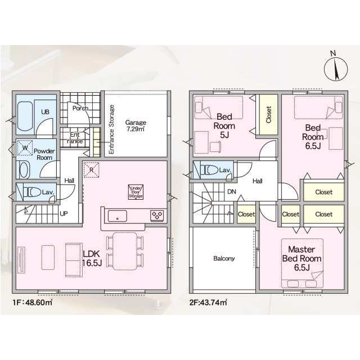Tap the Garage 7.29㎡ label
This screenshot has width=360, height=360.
pyautogui.click(x=136, y=126)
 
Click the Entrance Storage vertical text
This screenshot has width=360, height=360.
pyautogui.click(x=111, y=130)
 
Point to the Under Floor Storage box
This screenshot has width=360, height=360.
pyautogui.click(x=136, y=191)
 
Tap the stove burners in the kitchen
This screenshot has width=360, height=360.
pyautogui.click(x=156, y=215)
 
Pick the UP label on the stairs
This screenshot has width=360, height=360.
pyautogui.click(x=64, y=214)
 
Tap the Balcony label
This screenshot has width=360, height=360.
pyautogui.click(x=224, y=259)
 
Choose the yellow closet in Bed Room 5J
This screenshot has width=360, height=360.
pyautogui.click(x=269, y=115)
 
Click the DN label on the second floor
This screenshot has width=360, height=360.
pyautogui.click(x=231, y=191)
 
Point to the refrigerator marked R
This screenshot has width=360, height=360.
pyautogui.click(x=91, y=168)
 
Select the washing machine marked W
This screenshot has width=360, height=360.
pyautogui.click(x=25, y=148)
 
